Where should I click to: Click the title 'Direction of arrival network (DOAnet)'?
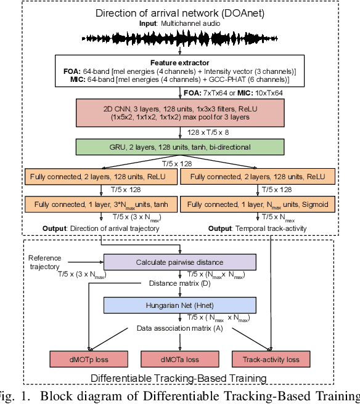point(177,13)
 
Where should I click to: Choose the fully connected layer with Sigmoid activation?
point(257,204)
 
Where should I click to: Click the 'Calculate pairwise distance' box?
point(179,262)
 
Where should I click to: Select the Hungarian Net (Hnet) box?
point(179,304)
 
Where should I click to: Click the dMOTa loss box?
point(179,358)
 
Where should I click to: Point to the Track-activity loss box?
point(271,358)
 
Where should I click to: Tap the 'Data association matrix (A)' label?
point(179,329)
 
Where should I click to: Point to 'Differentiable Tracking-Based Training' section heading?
point(179,378)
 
